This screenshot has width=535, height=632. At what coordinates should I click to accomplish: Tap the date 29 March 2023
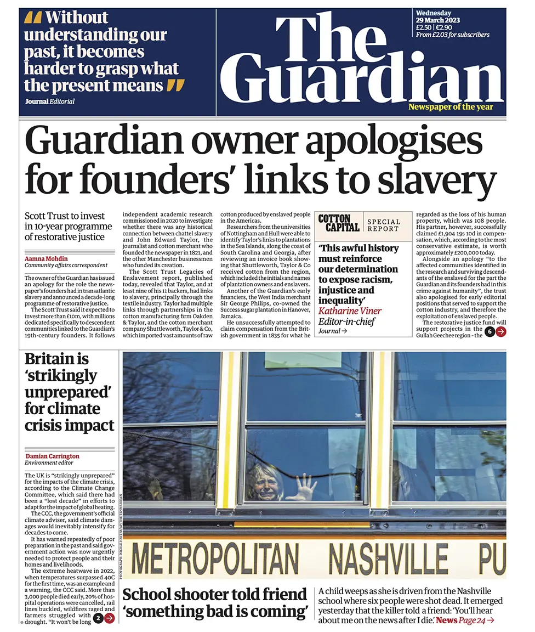pyautogui.click(x=438, y=20)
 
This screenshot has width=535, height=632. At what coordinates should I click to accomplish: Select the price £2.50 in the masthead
pyautogui.click(x=424, y=27)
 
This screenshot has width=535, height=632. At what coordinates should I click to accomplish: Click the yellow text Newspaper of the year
pyautogui.click(x=454, y=106)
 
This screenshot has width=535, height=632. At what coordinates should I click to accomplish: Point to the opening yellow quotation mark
pyautogui.click(x=33, y=18)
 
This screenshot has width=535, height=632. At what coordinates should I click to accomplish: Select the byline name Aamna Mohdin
pyautogui.click(x=47, y=258)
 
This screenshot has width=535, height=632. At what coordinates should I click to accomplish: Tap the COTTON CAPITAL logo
pyautogui.click(x=339, y=223)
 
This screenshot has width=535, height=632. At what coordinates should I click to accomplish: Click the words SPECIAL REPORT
pyautogui.click(x=384, y=225)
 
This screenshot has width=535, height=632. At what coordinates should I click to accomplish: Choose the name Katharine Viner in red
pyautogui.click(x=350, y=311)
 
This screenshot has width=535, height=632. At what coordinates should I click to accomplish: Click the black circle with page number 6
pyautogui.click(x=490, y=331)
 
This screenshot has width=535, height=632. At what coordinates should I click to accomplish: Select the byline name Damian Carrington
pyautogui.click(x=52, y=456)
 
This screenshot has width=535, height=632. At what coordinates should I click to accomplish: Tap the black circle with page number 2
pyautogui.click(x=98, y=618)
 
